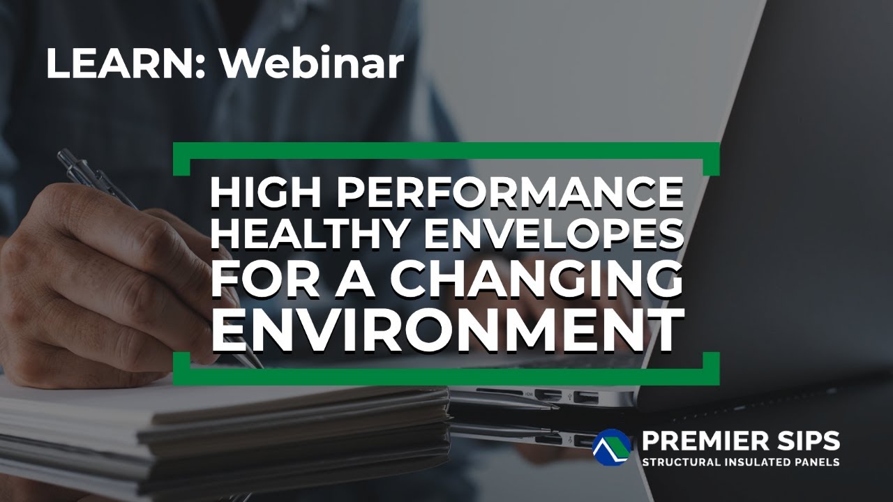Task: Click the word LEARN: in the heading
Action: pyautogui.click(x=126, y=63)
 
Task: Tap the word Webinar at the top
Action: pyautogui.click(x=313, y=63)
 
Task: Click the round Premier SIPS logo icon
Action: pyautogui.click(x=611, y=447)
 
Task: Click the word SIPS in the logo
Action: pyautogui.click(x=809, y=441)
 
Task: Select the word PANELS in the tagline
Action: pyautogui.click(x=816, y=462)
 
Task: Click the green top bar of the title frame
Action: pyautogui.click(x=446, y=149)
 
